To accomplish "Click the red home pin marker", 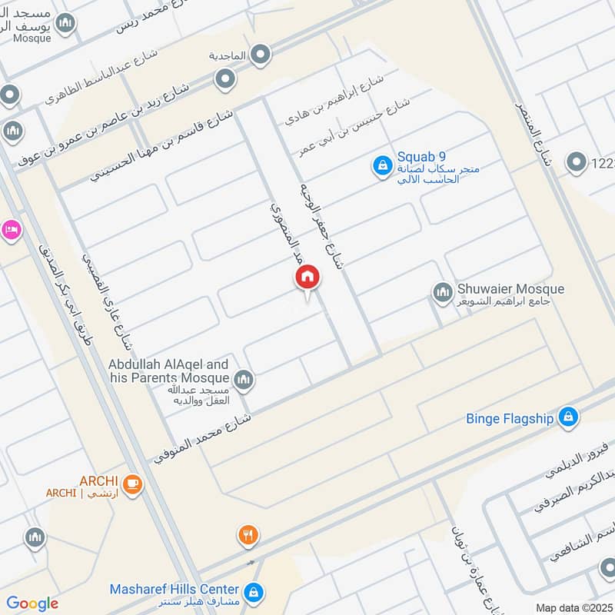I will coord(307,278).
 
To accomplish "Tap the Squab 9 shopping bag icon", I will coord(381,165).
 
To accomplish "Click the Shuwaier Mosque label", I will coord(511,289).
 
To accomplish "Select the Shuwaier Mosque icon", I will coord(442,292).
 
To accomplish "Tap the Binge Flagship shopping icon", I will coord(568,417).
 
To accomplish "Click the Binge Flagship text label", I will coord(510,419).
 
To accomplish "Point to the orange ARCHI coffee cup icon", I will coord(133,483).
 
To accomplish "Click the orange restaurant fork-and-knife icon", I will coord(248,535).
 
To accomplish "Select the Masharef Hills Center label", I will coord(174,589).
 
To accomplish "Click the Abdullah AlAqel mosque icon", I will coord(244,379).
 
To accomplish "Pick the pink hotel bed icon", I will coord(10,230).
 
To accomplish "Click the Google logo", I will coord(32,603).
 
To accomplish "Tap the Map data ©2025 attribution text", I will coord(573,607).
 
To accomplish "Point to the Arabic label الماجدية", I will coord(228,56).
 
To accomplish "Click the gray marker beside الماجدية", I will coord(261,55).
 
